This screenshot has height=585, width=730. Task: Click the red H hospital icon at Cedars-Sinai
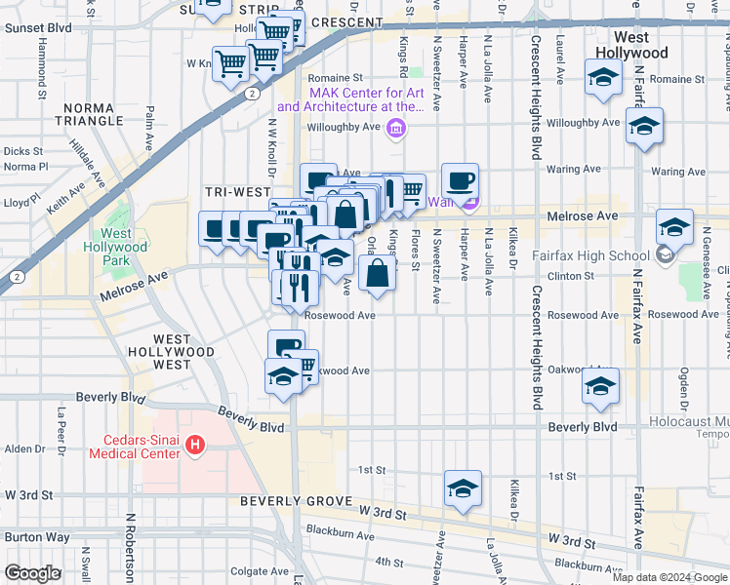tap(195, 446)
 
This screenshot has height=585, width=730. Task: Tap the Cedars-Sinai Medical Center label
tap(134, 446)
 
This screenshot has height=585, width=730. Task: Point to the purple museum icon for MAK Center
tap(395, 128)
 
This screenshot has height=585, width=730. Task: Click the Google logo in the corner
tap(31, 573)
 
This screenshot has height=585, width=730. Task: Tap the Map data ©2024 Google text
tap(669, 577)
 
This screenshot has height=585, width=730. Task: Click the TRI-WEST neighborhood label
tap(230, 191)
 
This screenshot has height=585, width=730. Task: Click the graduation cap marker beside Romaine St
tap(603, 77)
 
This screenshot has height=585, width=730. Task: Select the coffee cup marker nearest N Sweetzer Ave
tap(460, 181)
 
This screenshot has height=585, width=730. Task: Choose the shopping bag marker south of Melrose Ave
tap(377, 274)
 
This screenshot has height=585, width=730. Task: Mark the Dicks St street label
tap(22, 151)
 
